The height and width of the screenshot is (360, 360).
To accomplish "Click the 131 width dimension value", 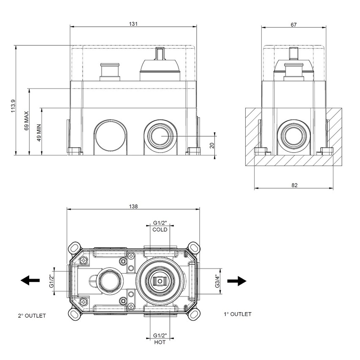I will [x=133, y=25].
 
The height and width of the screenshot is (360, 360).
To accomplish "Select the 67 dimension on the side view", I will [x=294, y=25].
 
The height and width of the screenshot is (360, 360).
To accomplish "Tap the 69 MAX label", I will [x=26, y=121].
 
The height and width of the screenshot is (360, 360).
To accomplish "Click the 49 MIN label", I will [x=39, y=133].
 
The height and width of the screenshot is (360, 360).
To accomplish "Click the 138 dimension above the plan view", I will [x=133, y=206].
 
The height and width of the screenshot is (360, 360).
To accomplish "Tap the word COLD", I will [x=160, y=230].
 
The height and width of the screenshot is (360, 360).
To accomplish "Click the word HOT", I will [x=160, y=342].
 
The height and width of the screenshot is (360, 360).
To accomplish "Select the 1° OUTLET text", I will [x=237, y=314].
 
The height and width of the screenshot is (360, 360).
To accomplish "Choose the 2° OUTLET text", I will [x=32, y=316].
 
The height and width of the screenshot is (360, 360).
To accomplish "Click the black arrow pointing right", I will [x=236, y=280].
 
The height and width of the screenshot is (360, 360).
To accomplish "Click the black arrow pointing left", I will [x=30, y=280].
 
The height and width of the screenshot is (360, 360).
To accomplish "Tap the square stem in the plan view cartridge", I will [x=160, y=280].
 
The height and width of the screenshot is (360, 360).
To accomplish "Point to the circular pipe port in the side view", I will [x=294, y=136].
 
